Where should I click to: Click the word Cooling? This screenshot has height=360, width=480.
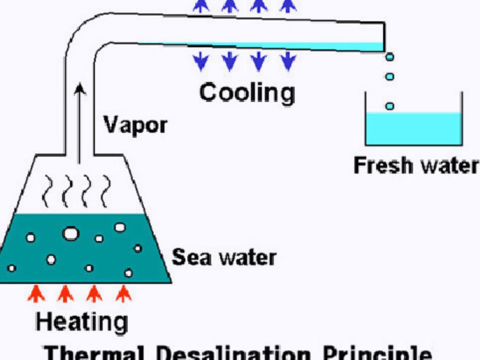tap(247, 93)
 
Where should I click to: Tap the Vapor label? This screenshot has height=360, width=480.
tap(135, 125)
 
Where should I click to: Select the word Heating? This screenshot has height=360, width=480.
tap(82, 322)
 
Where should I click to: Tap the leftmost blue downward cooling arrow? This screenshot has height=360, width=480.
tap(202, 61)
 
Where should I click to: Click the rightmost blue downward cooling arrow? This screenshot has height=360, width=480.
tap(288, 61)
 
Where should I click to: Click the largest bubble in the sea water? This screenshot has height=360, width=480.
tap(71, 233)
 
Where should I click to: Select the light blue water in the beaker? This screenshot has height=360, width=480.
tap(413, 128)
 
